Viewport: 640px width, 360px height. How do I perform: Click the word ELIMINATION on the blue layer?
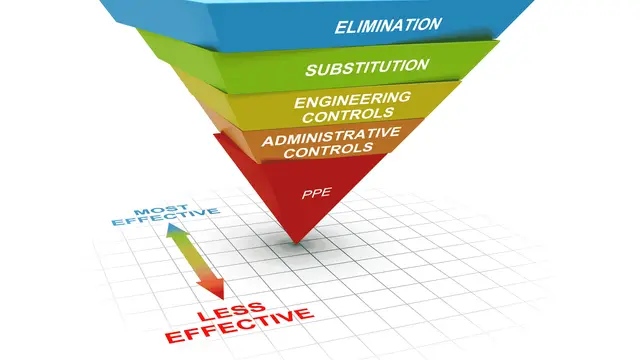click(388, 25)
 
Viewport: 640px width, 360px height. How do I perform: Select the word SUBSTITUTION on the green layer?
click(367, 67)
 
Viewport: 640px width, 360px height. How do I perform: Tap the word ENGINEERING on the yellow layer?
click(352, 99)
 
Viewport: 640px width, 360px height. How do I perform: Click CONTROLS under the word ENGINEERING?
click(348, 115)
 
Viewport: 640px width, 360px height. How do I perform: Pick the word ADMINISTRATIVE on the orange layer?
click(331, 136)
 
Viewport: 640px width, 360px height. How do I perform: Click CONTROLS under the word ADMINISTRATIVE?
click(329, 150)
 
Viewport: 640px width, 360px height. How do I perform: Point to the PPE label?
click(316, 193)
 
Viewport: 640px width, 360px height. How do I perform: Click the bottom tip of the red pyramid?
click(297, 244)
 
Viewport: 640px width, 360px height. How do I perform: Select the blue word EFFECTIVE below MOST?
click(166, 218)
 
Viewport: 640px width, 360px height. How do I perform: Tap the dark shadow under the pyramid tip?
click(297, 245)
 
